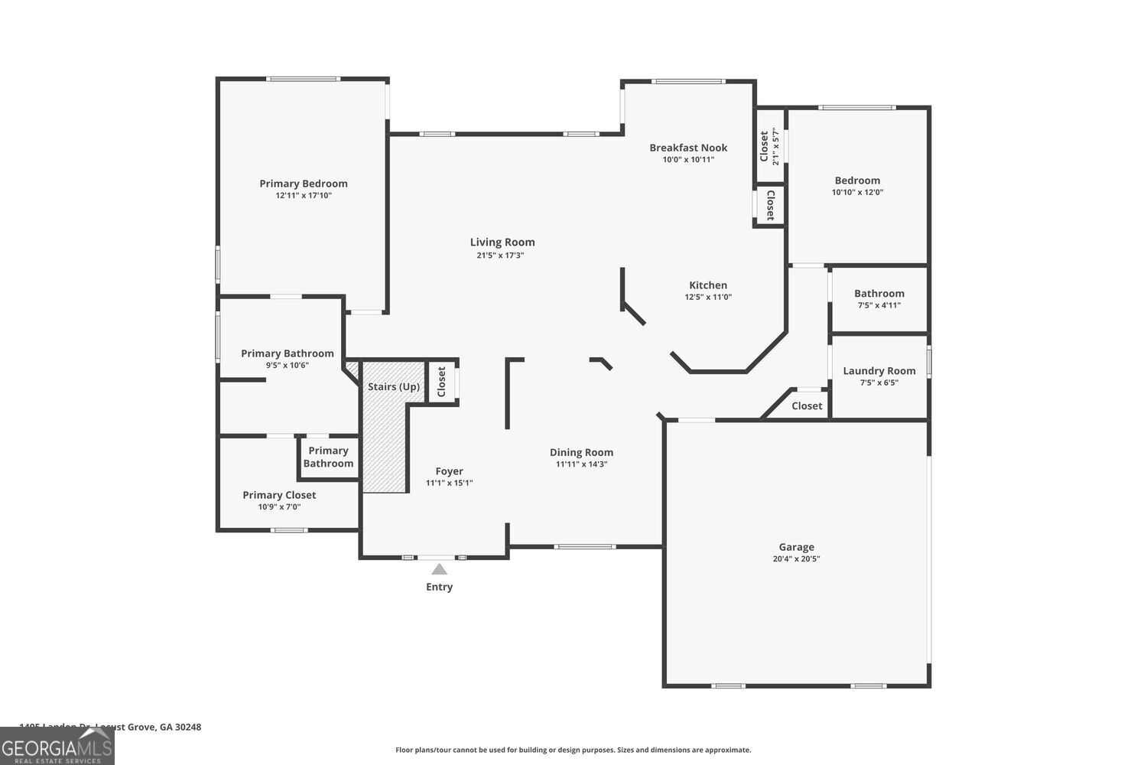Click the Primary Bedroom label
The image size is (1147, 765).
304,184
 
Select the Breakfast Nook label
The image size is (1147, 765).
688,148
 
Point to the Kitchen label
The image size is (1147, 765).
708,285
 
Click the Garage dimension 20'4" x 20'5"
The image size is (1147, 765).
796,559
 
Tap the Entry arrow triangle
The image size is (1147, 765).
439,569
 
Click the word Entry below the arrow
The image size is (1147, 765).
439,587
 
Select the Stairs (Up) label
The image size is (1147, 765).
394,386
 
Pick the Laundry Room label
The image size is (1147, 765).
879,371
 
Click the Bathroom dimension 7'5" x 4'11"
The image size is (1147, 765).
879,305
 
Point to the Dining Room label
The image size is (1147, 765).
581,452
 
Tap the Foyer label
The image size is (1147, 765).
450,471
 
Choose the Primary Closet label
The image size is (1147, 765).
279,495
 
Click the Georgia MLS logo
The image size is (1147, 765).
57,746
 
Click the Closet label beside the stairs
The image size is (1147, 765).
441,382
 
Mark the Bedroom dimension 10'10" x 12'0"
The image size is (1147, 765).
857,193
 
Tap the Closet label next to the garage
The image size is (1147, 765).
807,406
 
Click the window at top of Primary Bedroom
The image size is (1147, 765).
303,78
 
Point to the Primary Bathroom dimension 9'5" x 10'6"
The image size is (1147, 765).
288,366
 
